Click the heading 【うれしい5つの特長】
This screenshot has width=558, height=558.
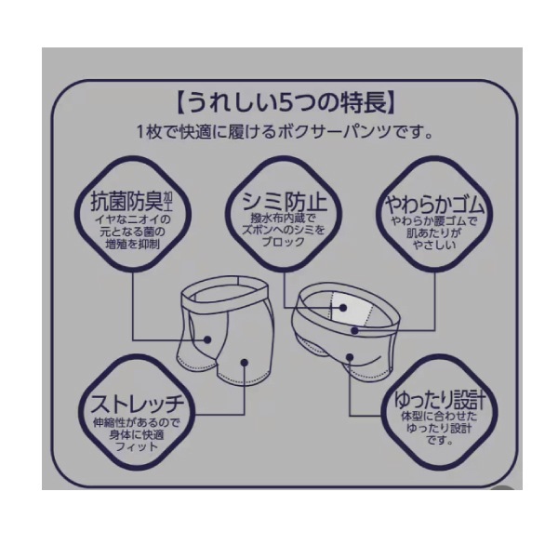(286, 102)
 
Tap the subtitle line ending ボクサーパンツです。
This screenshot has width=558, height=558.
(286, 132)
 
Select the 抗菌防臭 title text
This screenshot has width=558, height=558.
(126, 202)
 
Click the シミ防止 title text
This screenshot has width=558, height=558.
(284, 202)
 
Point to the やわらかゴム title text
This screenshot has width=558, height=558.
(434, 206)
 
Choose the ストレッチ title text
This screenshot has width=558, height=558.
(138, 405)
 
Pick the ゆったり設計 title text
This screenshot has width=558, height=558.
(439, 400)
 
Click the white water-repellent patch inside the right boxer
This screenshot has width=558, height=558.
(351, 309)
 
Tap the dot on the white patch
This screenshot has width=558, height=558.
(342, 308)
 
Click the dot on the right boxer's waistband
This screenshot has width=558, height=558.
(354, 330)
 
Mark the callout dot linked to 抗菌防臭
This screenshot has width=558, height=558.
(207, 339)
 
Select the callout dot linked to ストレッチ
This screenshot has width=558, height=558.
(245, 363)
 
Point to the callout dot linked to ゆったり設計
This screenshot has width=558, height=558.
(350, 357)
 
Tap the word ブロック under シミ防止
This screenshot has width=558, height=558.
(284, 243)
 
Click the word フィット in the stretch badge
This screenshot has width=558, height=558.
(137, 446)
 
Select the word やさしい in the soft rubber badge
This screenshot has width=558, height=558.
(434, 245)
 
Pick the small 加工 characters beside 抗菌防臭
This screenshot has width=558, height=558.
(167, 201)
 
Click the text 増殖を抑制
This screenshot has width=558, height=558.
(133, 244)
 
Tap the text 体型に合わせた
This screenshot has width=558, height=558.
(439, 416)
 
